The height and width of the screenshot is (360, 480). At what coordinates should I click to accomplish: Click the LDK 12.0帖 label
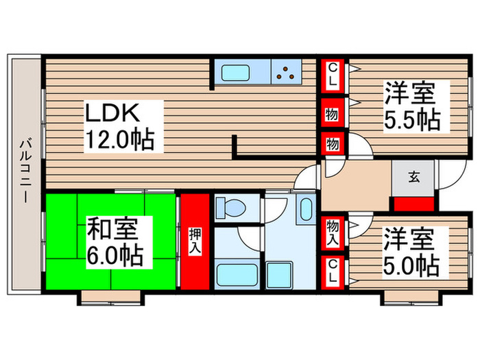[x=119, y=127]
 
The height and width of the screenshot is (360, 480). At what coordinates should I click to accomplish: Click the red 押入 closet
[x=194, y=242]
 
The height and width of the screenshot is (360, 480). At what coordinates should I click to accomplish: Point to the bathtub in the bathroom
[x=237, y=275]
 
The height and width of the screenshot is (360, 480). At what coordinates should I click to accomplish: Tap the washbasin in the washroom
[x=305, y=209]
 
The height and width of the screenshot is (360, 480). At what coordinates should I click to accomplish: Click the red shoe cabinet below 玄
[x=413, y=204]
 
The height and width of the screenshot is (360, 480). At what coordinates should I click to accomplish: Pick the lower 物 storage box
[x=332, y=144]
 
